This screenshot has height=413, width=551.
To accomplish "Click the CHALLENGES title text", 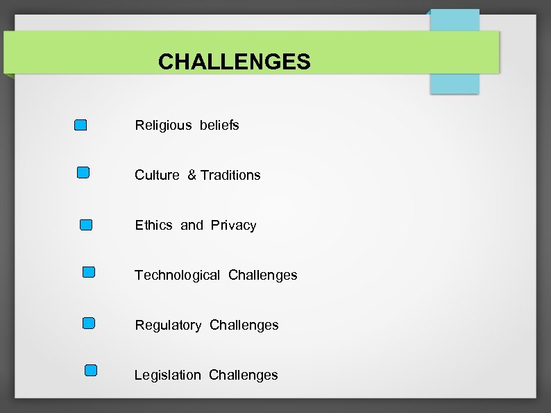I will click(234, 62).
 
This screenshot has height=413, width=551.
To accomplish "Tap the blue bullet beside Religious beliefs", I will click(80, 125).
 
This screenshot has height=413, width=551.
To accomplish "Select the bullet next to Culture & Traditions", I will click(83, 172).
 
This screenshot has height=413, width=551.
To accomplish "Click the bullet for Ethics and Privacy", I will click(86, 224).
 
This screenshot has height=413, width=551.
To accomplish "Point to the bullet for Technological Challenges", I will click(89, 273).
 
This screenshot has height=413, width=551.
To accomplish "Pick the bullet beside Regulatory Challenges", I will click(89, 323).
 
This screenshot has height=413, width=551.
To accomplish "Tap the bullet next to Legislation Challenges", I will click(91, 371).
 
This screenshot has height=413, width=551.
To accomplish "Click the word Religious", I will click(163, 126).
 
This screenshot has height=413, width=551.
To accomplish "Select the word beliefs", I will click(219, 125).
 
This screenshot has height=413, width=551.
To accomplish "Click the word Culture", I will click(157, 175).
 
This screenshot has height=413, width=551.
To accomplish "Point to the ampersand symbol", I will click(192, 175).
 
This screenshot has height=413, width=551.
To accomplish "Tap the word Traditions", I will click(231, 175).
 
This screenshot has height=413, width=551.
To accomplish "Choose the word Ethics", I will click(153, 225).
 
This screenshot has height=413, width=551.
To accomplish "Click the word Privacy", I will click(234, 225).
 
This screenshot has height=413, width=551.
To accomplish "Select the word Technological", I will click(177, 275).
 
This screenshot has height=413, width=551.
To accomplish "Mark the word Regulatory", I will click(168, 325).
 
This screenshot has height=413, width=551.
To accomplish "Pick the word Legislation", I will click(167, 375).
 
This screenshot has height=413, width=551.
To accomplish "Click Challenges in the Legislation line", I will click(243, 375).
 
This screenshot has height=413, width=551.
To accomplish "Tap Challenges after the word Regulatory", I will click(244, 325).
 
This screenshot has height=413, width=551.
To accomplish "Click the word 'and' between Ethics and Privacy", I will click(192, 225).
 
